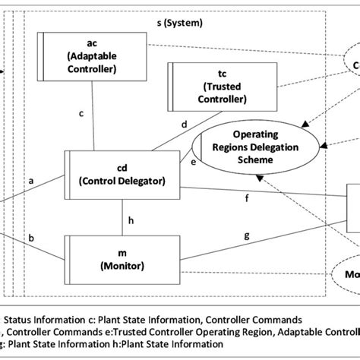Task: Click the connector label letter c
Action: point(81,114)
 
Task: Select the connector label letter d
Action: point(184,125)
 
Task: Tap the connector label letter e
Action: point(193,162)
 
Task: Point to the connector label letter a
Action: point(31,182)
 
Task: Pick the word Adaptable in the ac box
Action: point(92,56)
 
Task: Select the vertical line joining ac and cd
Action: point(94,114)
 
